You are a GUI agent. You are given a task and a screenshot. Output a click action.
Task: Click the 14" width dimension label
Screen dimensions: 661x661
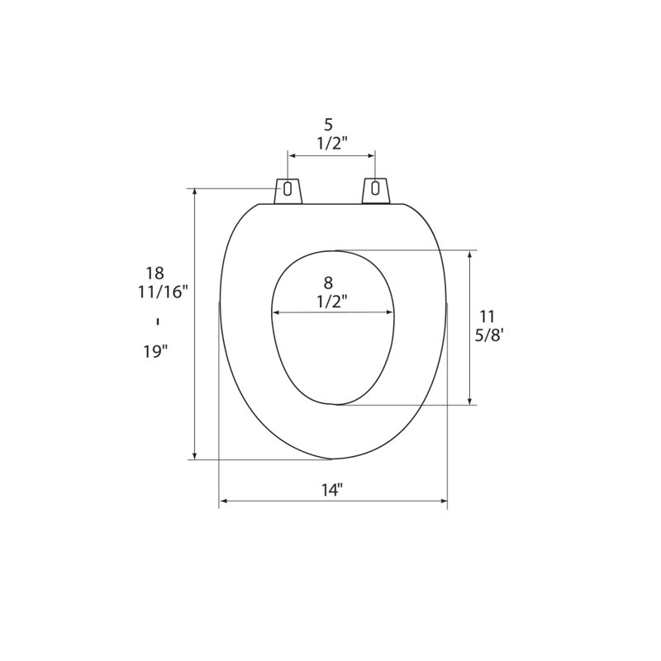coord(332,490)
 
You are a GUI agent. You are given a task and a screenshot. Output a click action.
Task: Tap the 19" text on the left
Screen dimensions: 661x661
coord(155,351)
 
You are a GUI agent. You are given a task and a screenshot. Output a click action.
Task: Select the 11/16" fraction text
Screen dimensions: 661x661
coord(163,292)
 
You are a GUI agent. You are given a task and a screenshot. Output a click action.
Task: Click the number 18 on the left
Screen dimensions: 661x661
coord(155,273)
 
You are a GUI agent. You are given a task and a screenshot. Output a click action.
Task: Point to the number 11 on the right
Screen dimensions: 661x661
coord(487,316)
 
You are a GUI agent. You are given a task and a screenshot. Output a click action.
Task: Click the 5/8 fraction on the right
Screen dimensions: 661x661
coord(489,336)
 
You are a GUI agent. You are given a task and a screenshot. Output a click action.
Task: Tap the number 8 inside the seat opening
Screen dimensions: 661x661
coord(328,282)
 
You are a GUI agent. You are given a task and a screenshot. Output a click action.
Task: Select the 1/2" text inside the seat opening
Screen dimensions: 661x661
coord(332,302)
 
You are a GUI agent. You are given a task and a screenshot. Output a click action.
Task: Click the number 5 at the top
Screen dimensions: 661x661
coord(328,125)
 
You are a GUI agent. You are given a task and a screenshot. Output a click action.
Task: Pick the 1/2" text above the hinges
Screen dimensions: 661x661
coord(332,144)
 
